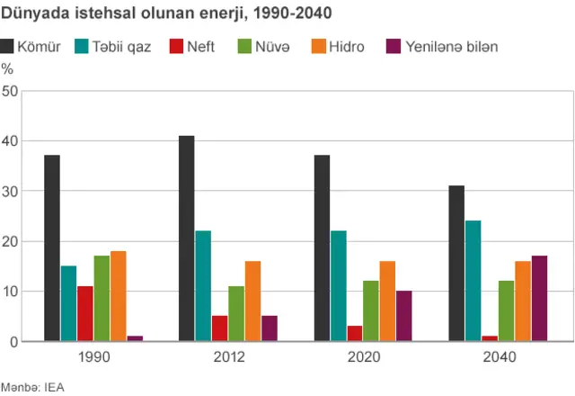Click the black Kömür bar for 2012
(x=186, y=238)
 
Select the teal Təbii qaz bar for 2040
(x=473, y=281)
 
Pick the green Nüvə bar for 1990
(x=102, y=299)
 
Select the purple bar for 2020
(x=403, y=316)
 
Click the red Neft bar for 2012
(x=219, y=328)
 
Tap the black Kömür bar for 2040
(x=456, y=264)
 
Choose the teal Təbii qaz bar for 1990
(x=68, y=303)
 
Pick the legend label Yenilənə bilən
(x=451, y=46)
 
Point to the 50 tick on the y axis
(x=10, y=91)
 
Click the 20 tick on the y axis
(x=10, y=241)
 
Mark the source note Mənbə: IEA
(x=32, y=387)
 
